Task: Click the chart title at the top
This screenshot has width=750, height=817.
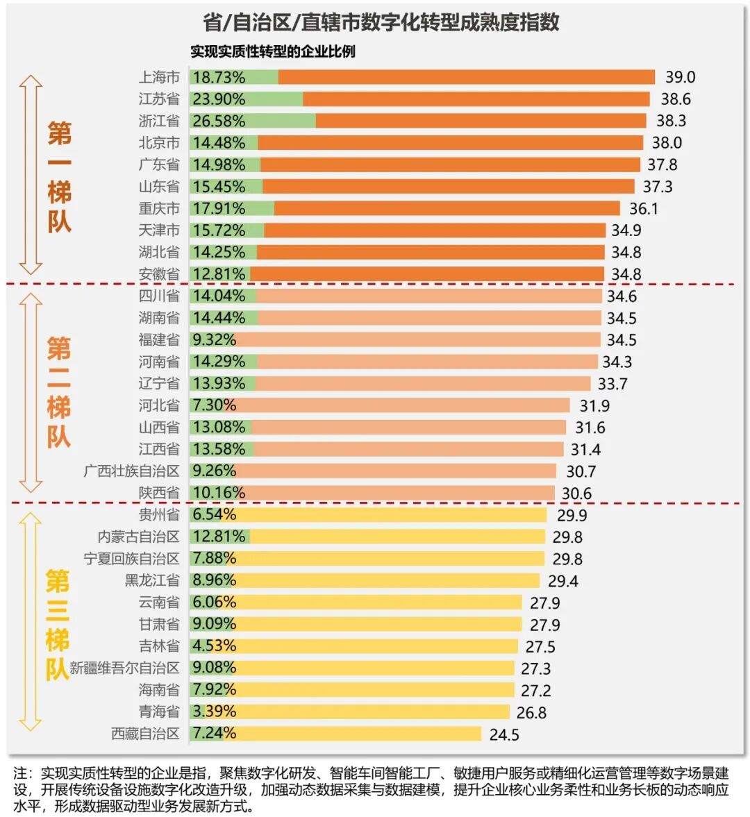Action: click(x=381, y=22)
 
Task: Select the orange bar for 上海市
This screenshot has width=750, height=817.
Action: click(x=466, y=77)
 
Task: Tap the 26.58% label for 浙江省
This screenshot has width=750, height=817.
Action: click(x=219, y=121)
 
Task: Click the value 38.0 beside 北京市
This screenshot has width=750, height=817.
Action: click(x=667, y=143)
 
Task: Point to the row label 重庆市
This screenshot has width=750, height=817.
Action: click(x=159, y=208)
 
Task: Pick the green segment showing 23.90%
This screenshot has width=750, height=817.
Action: click(x=247, y=99)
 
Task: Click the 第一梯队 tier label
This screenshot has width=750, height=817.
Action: click(x=59, y=177)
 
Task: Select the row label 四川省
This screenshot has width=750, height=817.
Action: click(x=159, y=296)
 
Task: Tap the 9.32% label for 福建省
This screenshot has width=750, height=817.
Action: click(x=215, y=339)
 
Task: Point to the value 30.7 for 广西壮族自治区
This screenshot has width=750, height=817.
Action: click(x=581, y=471)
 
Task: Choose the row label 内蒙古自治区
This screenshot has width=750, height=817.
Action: click(x=138, y=537)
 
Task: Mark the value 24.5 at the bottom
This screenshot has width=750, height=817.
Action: click(x=504, y=734)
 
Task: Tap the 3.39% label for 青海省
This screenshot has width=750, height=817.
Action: click(x=215, y=711)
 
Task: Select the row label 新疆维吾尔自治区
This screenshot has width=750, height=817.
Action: click(x=124, y=668)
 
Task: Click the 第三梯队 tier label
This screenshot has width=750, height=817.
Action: click(x=58, y=625)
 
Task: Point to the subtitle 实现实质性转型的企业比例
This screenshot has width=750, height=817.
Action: click(x=273, y=51)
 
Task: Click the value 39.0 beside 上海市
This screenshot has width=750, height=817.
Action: click(x=680, y=77)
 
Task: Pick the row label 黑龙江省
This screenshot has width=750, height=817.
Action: click(x=152, y=580)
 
